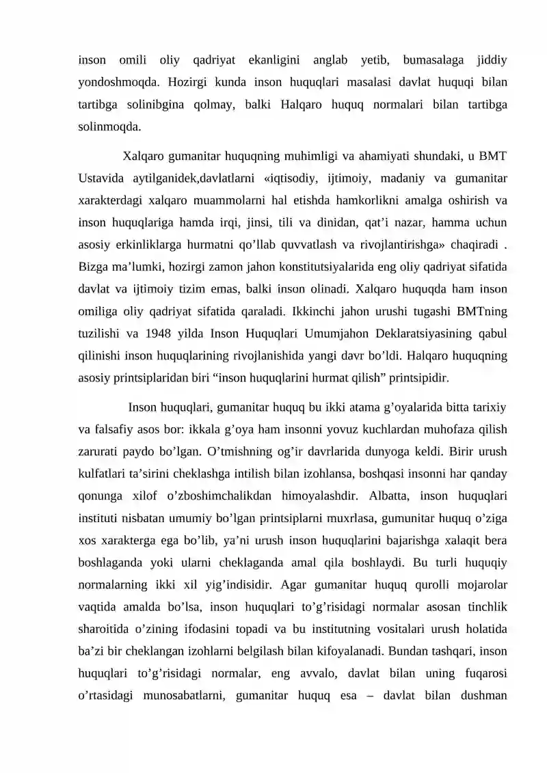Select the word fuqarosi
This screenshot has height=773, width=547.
pyautogui.click(x=482, y=674)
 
